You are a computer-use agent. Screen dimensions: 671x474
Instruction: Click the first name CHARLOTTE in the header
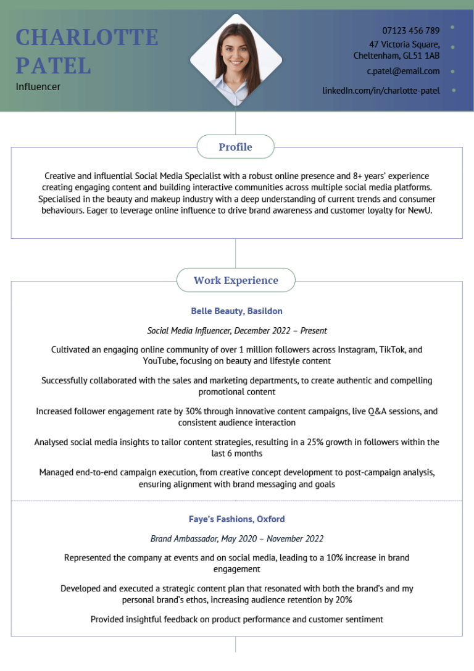pyautogui.click(x=87, y=38)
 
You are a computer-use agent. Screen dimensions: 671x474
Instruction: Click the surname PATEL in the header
pyautogui.click(x=53, y=65)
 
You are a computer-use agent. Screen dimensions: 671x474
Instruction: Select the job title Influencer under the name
pyautogui.click(x=38, y=86)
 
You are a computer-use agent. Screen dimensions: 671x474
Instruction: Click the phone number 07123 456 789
pyautogui.click(x=410, y=30)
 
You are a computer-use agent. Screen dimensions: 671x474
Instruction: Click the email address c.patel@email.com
pyautogui.click(x=403, y=71)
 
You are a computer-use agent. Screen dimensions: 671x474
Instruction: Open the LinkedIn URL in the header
pyautogui.click(x=381, y=90)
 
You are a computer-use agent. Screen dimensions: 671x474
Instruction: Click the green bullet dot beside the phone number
pyautogui.click(x=453, y=27)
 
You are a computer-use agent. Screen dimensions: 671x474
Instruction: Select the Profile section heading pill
pyautogui.click(x=235, y=147)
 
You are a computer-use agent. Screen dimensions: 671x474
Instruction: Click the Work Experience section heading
pyautogui.click(x=236, y=280)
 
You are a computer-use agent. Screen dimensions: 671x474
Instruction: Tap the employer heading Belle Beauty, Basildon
pyautogui.click(x=236, y=311)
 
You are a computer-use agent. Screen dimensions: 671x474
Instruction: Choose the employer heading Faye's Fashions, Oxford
pyautogui.click(x=236, y=519)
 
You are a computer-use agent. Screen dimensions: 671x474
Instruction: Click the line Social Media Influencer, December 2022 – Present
pyautogui.click(x=236, y=331)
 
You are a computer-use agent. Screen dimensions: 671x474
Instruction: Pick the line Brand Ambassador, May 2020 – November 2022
pyautogui.click(x=236, y=539)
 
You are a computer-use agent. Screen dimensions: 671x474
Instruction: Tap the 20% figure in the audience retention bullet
pyautogui.click(x=343, y=600)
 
